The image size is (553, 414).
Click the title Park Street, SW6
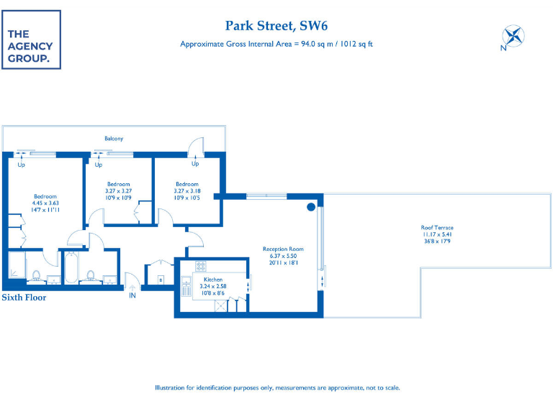[x=276, y=26]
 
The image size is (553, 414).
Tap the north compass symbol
[x=513, y=37]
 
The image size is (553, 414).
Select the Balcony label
[x=114, y=138]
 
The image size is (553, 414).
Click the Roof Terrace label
[x=437, y=228]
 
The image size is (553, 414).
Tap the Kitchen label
[x=212, y=279]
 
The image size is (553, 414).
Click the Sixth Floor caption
[x=24, y=297]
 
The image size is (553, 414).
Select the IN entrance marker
[x=132, y=295]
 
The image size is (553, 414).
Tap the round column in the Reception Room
[x=311, y=207]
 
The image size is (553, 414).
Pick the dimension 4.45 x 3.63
[x=45, y=203]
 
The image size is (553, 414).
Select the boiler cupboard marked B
[x=161, y=278]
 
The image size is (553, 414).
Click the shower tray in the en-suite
[x=16, y=268]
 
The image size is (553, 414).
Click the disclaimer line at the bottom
[x=276, y=387]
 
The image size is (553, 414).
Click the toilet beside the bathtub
[x=91, y=275]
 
